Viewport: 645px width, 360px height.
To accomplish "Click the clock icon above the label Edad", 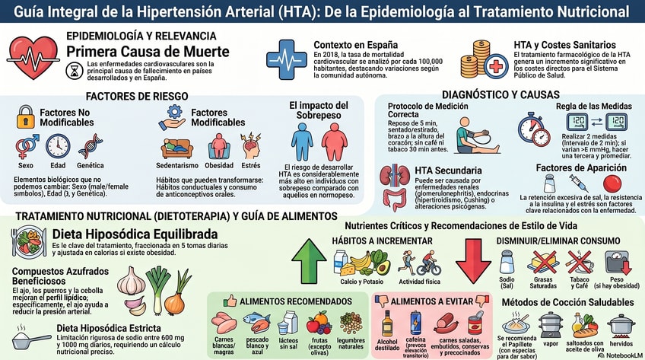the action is pyautogui.click(x=58, y=146).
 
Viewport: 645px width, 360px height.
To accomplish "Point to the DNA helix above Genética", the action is pyautogui.click(x=91, y=146).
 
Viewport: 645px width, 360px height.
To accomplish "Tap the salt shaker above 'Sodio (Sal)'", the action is pyautogui.click(x=507, y=262).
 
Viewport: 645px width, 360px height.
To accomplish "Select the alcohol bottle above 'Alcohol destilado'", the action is pyautogui.click(x=387, y=323).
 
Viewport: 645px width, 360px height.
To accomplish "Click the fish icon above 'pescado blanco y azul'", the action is pyautogui.click(x=256, y=323).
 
